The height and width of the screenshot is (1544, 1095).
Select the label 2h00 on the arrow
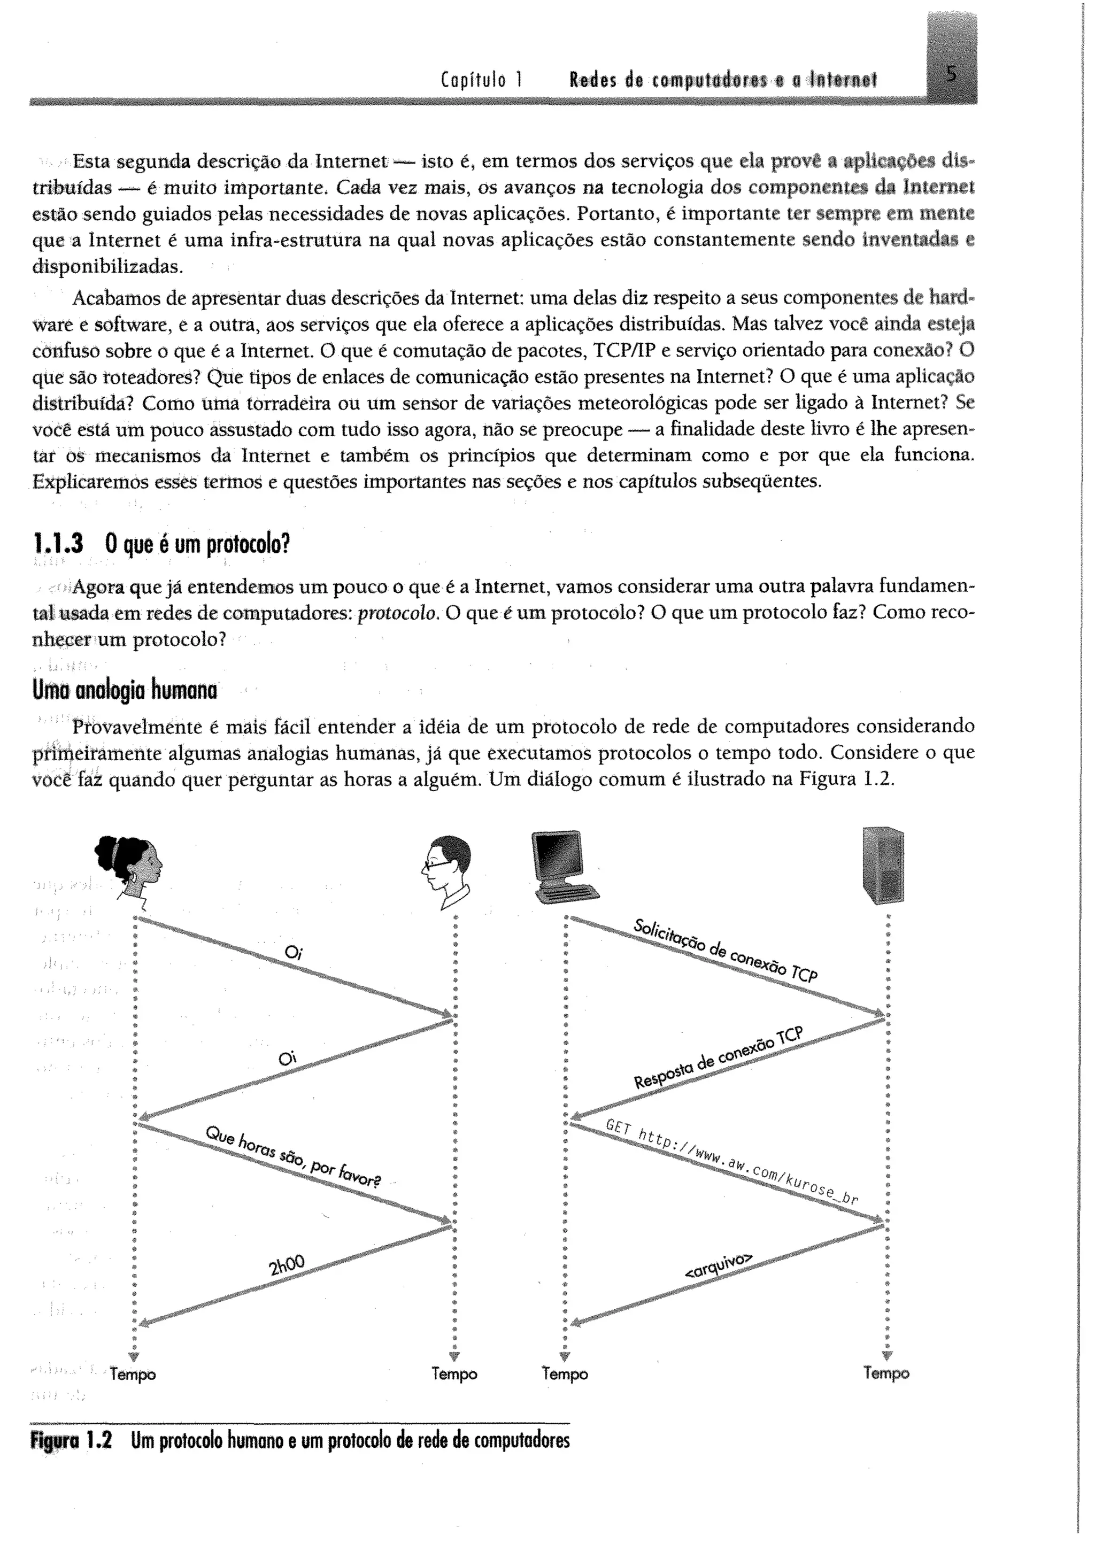coord(287,1265)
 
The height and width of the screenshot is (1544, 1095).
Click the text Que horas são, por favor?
coord(294,1157)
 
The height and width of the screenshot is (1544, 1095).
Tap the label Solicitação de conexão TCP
coord(726,951)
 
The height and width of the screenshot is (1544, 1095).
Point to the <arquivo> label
coord(718,1267)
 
